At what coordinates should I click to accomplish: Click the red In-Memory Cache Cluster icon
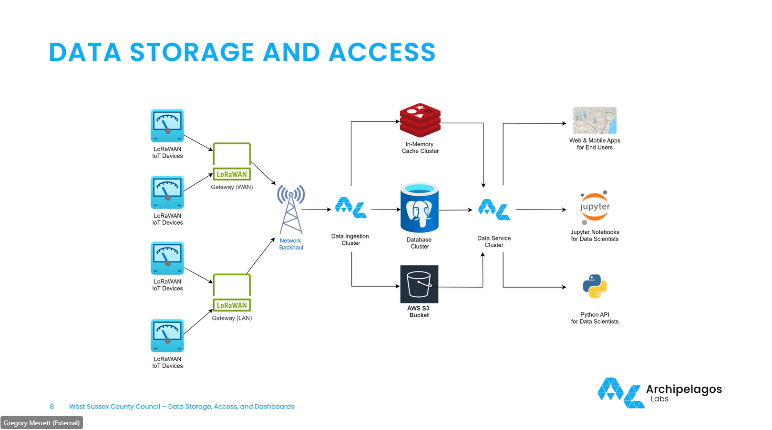point(420,120)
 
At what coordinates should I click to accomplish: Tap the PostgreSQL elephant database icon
point(419,209)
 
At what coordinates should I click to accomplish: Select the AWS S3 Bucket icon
point(419,284)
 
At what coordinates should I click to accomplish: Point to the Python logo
point(595,286)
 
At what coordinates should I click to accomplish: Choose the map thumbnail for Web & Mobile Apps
point(595,120)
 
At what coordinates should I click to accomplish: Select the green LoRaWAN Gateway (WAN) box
point(232,161)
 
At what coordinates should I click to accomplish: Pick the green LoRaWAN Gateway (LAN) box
point(232,292)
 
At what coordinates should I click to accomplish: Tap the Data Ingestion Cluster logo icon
point(351,208)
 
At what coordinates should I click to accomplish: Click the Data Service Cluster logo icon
point(494,210)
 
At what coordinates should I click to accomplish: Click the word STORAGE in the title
point(192,52)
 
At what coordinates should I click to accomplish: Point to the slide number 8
point(52,407)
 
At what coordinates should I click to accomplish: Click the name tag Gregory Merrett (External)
point(42,423)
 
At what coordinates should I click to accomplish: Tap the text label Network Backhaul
point(291,244)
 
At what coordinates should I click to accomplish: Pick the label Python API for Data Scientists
point(595,318)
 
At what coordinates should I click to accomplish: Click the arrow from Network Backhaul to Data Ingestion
point(316,210)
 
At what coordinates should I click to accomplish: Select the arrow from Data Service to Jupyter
point(541,210)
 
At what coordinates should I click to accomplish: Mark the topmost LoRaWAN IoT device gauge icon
point(167,126)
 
